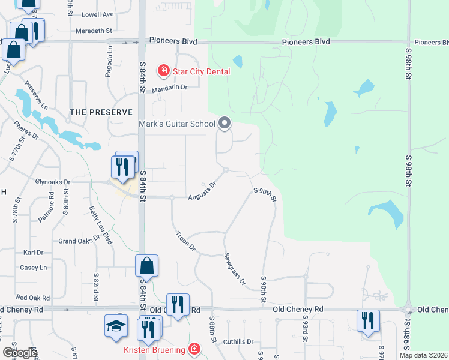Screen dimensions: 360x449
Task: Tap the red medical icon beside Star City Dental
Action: [163, 71]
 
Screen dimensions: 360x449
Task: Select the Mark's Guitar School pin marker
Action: [225, 124]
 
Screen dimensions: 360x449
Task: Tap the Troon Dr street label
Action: [185, 240]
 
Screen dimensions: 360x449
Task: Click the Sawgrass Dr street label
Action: [235, 268]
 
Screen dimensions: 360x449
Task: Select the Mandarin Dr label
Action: [169, 88]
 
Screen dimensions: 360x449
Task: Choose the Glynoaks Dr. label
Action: [53, 182]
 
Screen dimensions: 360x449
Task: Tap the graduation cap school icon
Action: [116, 326]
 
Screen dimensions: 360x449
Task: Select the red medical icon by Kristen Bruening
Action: [193, 349]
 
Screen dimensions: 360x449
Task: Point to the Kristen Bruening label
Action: [156, 349]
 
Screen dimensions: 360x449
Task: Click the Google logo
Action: [20, 353]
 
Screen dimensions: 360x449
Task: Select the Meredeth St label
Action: [94, 31]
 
